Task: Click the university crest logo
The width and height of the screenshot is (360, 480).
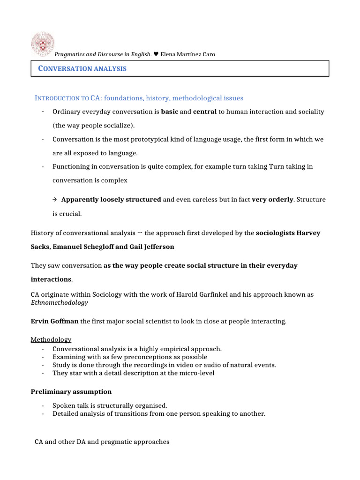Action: click(42, 44)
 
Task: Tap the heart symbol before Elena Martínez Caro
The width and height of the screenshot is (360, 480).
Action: click(156, 54)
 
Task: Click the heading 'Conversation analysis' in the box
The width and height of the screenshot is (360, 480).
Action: click(82, 68)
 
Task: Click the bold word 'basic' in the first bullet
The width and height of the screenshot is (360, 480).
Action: click(169, 112)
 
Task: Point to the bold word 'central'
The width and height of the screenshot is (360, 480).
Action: click(204, 112)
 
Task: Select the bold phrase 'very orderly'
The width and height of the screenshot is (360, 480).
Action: click(272, 200)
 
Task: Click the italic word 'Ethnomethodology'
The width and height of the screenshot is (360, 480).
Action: click(59, 303)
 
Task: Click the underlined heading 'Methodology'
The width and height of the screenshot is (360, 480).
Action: click(51, 339)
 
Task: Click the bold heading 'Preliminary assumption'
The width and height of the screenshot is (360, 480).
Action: click(71, 391)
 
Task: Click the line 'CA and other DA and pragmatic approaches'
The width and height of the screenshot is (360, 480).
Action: click(102, 442)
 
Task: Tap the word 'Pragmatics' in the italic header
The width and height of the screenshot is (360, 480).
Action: click(71, 54)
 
